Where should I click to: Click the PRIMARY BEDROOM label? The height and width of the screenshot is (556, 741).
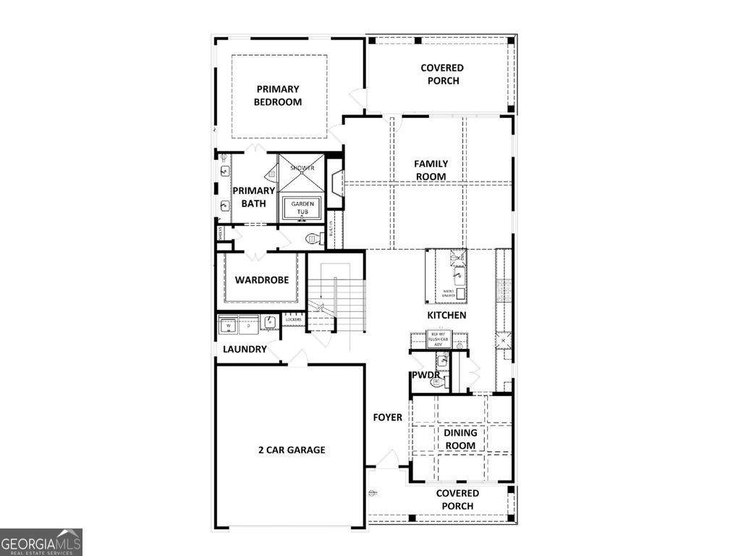point(277,96)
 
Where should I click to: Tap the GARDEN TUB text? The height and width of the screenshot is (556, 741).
point(302,208)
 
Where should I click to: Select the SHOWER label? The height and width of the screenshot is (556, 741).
point(302,168)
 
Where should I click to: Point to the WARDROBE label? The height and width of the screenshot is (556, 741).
point(262,280)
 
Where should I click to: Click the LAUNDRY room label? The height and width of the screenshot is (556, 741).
point(245,349)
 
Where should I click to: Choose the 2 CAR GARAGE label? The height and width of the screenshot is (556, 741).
point(292,450)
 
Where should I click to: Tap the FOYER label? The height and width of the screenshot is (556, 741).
point(387,417)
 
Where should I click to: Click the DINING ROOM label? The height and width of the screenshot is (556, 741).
point(460,439)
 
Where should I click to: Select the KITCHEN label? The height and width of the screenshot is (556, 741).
point(446,316)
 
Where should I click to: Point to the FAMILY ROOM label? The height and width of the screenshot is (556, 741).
point(431,170)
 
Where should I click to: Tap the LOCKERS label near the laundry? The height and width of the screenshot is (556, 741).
point(293,319)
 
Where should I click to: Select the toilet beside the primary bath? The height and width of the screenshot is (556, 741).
point(313,237)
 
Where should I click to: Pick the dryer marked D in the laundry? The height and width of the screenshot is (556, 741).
point(248,325)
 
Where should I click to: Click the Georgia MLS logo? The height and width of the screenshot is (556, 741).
point(41,542)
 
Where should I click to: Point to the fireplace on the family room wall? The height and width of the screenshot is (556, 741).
point(336,184)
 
